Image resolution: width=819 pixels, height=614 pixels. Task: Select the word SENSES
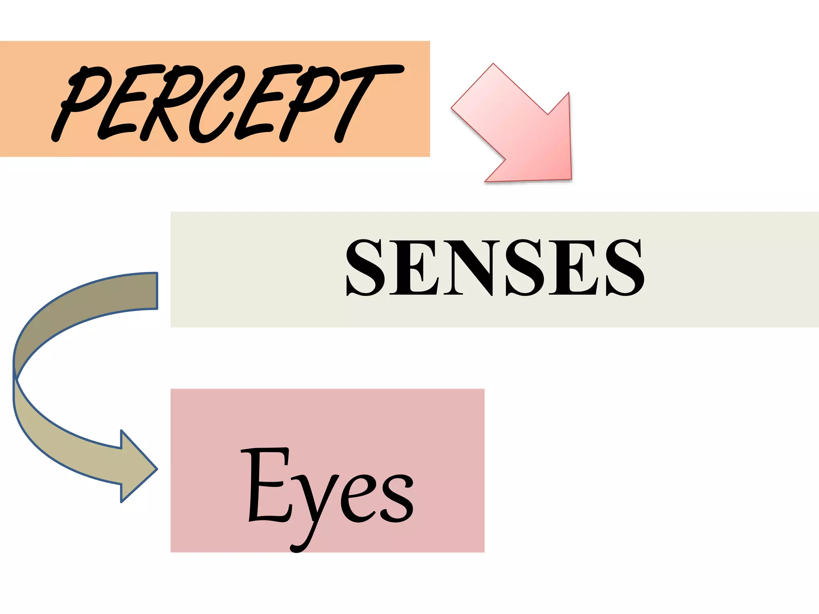(495, 268)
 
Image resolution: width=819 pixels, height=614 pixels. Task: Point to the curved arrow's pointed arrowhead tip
(156, 469)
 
